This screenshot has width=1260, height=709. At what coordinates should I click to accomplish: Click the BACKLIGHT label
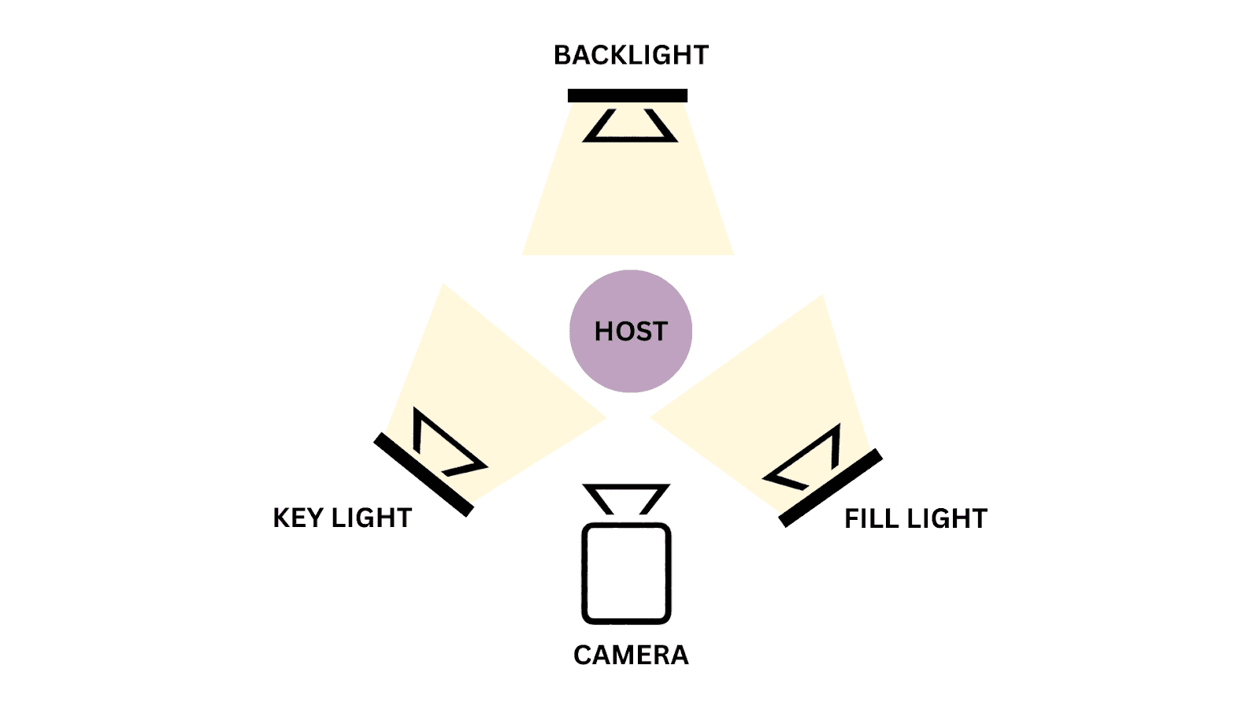click(x=631, y=55)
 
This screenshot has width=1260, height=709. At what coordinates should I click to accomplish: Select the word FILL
click(x=871, y=518)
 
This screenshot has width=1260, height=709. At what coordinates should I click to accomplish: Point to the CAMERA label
click(x=631, y=655)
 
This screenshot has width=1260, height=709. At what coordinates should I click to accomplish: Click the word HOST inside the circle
click(x=631, y=332)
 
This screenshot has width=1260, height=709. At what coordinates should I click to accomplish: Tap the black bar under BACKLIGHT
click(x=628, y=96)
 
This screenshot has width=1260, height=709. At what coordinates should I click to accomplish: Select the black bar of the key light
click(x=424, y=474)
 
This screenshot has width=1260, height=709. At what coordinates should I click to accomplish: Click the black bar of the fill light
click(x=830, y=488)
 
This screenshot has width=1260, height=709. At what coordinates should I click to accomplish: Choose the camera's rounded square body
click(x=626, y=573)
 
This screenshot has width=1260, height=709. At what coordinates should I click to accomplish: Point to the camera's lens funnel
click(x=626, y=499)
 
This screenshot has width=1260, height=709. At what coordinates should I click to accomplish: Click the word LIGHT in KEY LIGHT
click(x=372, y=518)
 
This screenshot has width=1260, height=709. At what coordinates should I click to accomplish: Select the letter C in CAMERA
click(x=583, y=655)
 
